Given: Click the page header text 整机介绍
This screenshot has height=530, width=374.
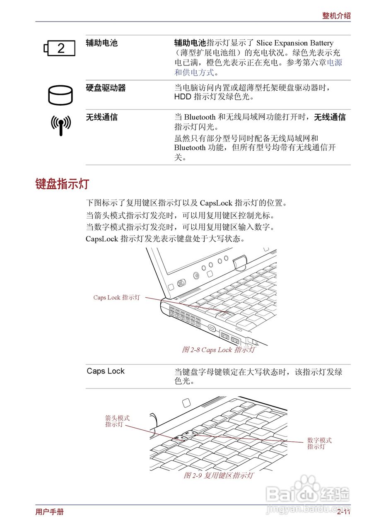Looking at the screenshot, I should [336, 16].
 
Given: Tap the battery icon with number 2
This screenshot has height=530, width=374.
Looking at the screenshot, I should [60, 48].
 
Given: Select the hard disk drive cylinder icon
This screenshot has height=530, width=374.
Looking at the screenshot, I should [60, 95].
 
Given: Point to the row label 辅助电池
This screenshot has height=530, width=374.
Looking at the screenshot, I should [101, 43].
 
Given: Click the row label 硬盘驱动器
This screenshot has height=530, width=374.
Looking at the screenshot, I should [106, 88].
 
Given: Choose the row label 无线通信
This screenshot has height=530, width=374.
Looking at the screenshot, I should [101, 118].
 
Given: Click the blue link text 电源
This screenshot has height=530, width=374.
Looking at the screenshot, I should [335, 63].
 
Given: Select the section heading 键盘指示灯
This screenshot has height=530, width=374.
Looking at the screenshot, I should [62, 184].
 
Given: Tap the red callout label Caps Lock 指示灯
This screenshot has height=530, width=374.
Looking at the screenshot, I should [116, 297].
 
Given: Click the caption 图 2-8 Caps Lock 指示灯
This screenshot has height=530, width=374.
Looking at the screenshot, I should [218, 350].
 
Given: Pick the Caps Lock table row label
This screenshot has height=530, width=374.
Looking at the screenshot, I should [106, 371].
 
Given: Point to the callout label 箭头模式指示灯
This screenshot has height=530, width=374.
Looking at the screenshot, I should [117, 421].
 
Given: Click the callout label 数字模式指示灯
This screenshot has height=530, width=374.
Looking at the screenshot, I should [319, 443].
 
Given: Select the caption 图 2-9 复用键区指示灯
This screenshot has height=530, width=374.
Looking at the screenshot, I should [218, 475].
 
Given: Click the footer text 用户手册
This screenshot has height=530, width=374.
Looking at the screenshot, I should [50, 512].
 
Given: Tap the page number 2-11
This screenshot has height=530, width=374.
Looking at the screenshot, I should [343, 513].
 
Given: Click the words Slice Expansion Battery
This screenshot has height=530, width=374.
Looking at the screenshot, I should [295, 43].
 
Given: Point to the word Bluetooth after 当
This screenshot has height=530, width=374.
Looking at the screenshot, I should [200, 118].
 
